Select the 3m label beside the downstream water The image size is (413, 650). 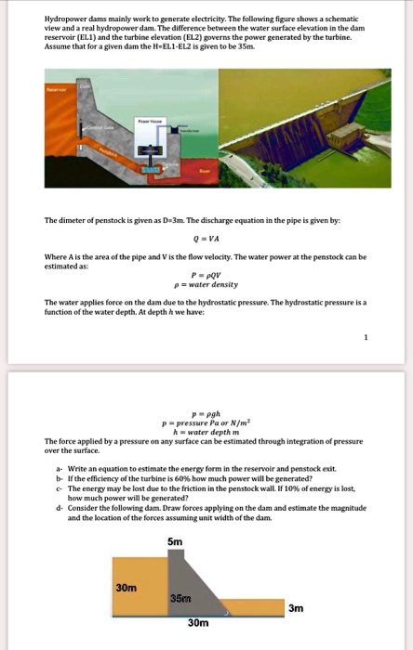point(295,607)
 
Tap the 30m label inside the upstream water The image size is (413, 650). point(127,587)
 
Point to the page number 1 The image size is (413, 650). point(366,338)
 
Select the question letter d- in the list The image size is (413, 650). point(58,508)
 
